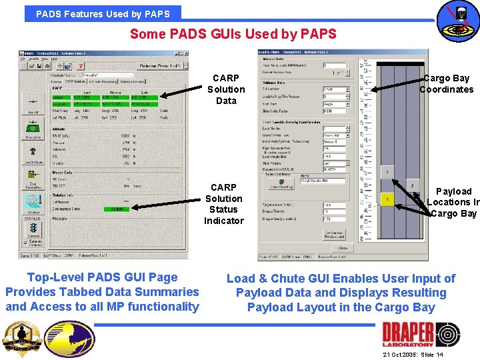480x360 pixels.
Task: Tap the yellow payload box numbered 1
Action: [387, 199]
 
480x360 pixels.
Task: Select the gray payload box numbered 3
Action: [387, 171]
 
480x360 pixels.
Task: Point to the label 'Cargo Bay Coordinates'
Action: [446, 84]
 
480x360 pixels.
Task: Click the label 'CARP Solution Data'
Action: [226, 89]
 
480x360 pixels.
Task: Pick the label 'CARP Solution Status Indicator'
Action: [224, 204]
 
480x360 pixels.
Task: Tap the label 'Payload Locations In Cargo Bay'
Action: [453, 202]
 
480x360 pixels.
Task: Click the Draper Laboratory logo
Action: [421, 334]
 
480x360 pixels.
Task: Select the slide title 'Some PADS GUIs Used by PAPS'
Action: [233, 33]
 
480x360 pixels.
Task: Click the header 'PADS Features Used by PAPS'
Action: [103, 13]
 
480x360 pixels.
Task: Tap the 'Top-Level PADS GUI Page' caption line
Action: [102, 277]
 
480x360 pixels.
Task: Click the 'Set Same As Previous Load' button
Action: [334, 234]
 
